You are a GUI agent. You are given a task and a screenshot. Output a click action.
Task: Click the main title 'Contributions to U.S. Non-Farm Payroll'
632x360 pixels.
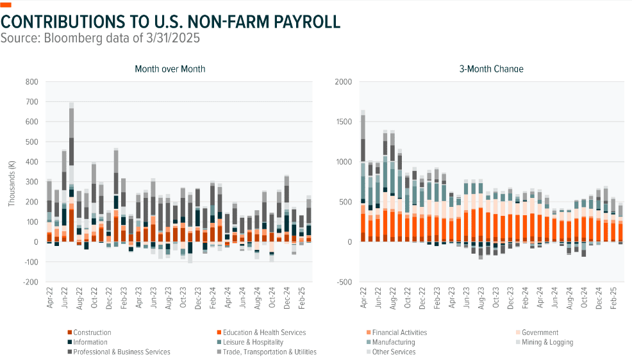tap(170, 21)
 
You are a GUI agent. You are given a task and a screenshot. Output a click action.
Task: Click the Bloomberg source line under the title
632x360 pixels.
tap(101, 38)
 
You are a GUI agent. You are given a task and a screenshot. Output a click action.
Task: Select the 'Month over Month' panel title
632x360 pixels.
tap(170, 69)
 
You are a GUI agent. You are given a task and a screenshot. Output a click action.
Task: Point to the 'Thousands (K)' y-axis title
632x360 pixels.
tap(12, 182)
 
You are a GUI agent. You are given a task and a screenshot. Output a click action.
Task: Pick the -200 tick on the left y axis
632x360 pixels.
tap(30, 282)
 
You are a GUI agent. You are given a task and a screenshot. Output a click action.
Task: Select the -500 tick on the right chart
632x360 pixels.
tap(345, 282)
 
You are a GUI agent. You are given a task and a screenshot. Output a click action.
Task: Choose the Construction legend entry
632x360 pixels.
tap(92, 332)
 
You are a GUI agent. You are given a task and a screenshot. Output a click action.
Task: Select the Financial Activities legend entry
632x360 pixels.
tap(399, 332)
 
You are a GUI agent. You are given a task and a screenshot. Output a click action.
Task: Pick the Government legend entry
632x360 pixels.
tap(540, 332)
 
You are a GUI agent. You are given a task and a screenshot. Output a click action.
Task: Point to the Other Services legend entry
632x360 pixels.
tap(393, 352)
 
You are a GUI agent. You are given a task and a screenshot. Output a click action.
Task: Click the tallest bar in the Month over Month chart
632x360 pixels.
tap(72, 173)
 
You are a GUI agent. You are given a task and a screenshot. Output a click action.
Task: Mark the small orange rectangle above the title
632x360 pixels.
tap(6, 5)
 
